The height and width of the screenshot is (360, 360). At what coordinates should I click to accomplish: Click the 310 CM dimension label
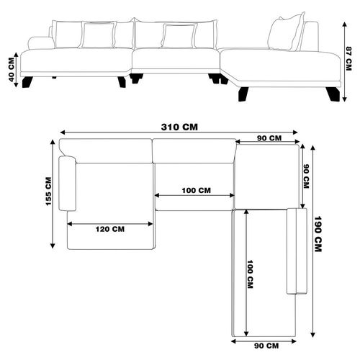179,127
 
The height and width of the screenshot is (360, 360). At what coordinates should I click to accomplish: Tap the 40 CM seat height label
12,70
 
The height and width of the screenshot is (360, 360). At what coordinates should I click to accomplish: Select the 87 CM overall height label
348,58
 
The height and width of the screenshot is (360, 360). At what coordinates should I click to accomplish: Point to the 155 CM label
48,192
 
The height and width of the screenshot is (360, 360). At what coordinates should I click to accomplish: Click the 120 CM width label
110,229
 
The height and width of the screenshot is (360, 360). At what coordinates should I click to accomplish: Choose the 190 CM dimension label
318,234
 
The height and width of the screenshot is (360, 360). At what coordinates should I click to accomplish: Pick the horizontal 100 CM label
197,191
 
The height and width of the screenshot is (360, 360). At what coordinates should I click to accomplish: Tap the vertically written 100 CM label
250,274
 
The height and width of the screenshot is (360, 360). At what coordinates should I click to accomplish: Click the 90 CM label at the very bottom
266,346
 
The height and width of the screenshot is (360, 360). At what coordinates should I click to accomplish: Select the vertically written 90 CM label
306,176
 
